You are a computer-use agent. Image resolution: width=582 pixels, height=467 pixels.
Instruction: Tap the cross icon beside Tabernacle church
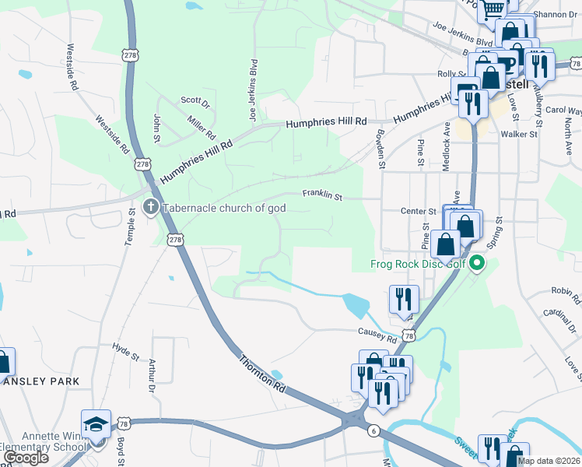151,208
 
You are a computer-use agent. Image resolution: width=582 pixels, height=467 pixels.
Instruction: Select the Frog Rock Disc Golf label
420,265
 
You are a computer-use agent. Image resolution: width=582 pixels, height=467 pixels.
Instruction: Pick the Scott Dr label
195,101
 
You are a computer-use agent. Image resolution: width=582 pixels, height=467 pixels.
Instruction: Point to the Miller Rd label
201,128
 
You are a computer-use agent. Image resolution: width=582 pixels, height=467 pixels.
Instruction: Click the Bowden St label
381,149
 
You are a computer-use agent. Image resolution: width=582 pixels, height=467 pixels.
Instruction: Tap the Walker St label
519,134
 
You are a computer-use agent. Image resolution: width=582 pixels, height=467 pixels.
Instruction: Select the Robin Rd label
566,295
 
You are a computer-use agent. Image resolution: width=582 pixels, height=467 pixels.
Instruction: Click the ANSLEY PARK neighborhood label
42,381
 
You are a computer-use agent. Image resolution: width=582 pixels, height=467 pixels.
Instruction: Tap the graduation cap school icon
96,424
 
